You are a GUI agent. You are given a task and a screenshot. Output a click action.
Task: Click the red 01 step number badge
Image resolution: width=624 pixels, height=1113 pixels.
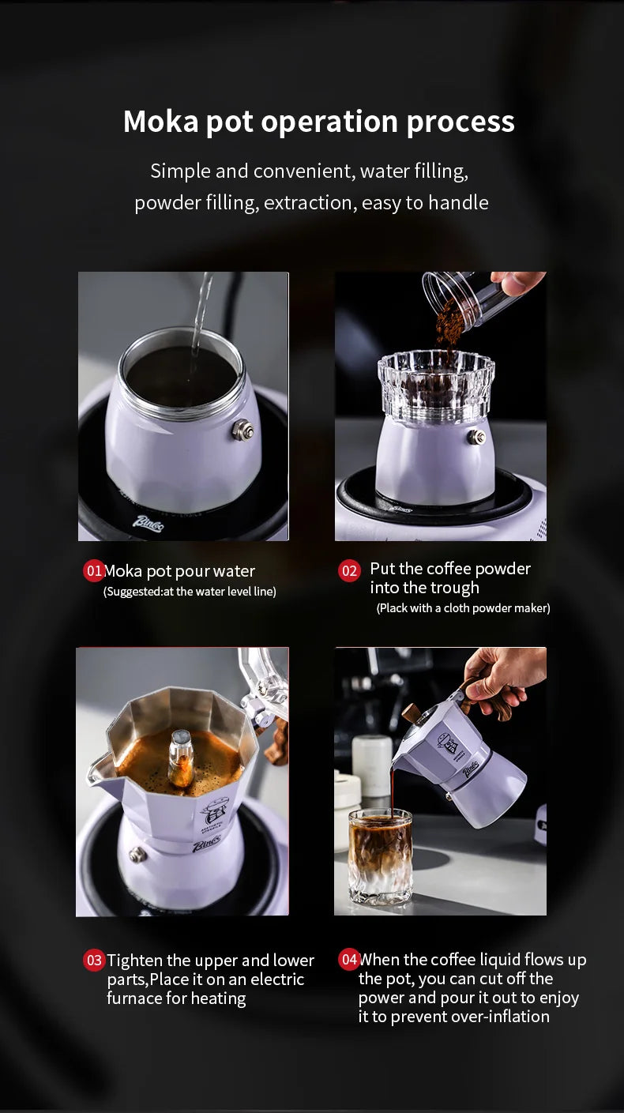pyautogui.click(x=93, y=570)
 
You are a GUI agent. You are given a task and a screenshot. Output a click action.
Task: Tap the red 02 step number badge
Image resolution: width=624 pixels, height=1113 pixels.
pyautogui.click(x=349, y=570)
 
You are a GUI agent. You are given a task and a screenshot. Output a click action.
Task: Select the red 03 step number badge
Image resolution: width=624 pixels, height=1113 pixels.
pyautogui.click(x=93, y=960)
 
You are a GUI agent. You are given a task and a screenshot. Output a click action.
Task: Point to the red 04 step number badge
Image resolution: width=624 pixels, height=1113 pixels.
pyautogui.click(x=349, y=959)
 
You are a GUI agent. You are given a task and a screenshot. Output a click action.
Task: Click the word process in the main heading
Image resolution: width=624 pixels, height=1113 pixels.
pyautogui.click(x=460, y=122)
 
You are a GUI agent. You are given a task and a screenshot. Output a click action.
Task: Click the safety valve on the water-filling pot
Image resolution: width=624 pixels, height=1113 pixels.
pyautogui.click(x=242, y=429)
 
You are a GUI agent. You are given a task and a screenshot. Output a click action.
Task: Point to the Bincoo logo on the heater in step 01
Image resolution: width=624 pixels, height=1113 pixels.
pyautogui.click(x=148, y=524)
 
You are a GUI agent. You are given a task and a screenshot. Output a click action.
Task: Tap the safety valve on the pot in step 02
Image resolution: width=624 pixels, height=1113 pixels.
pyautogui.click(x=477, y=438)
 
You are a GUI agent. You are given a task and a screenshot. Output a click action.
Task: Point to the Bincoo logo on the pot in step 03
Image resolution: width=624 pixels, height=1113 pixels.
pyautogui.click(x=206, y=845)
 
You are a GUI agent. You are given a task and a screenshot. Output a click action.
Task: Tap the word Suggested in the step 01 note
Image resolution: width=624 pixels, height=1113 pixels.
pyautogui.click(x=133, y=592)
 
